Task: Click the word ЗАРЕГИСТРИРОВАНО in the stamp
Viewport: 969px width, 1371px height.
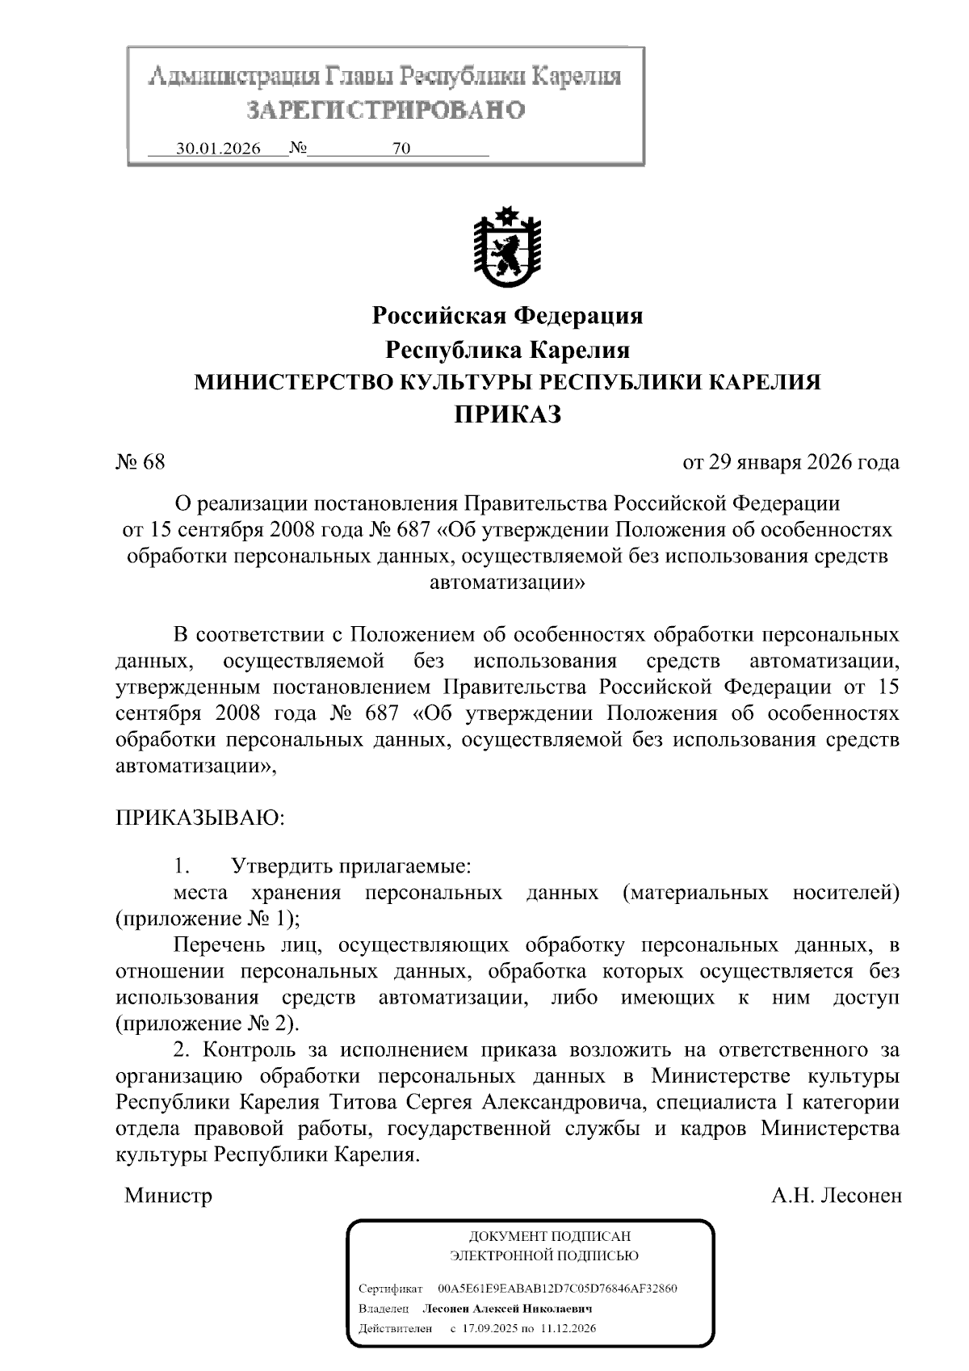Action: pyautogui.click(x=384, y=110)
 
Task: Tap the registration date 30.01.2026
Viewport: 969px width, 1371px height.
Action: pyautogui.click(x=218, y=149)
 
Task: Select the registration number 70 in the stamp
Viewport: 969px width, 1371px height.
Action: pyautogui.click(x=401, y=149)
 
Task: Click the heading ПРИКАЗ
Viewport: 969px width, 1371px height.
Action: pyautogui.click(x=506, y=415)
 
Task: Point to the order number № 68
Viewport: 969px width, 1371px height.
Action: pyautogui.click(x=141, y=462)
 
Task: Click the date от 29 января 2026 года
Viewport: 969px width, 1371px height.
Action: pyautogui.click(x=791, y=462)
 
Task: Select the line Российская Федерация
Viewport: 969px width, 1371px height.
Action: pyautogui.click(x=506, y=315)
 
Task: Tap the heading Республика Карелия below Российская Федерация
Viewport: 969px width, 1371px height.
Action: pyautogui.click(x=506, y=350)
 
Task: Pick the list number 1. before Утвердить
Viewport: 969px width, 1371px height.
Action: pyautogui.click(x=181, y=867)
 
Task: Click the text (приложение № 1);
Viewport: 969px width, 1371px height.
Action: pyautogui.click(x=208, y=919)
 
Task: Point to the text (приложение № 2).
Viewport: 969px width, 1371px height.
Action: pyautogui.click(x=208, y=1024)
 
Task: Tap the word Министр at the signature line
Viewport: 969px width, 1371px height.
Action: pyautogui.click(x=168, y=1196)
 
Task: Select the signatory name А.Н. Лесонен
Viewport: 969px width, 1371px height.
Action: pyautogui.click(x=836, y=1196)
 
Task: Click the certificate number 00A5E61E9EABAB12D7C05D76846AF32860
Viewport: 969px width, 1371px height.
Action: pyautogui.click(x=556, y=1288)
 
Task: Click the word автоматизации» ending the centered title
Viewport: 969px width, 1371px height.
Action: pyautogui.click(x=506, y=582)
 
